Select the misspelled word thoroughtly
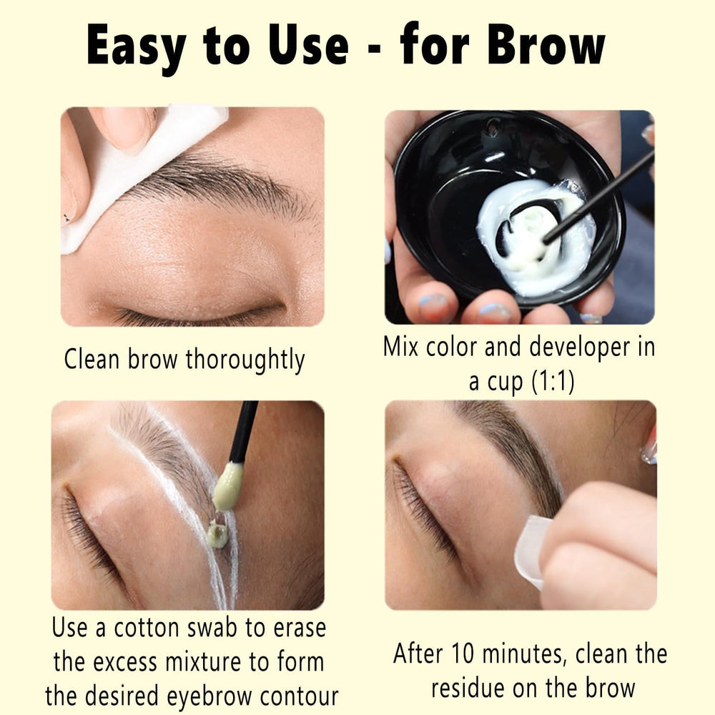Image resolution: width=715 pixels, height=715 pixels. pyautogui.click(x=245, y=360)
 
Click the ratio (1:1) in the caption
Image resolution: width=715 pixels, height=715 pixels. pyautogui.click(x=553, y=381)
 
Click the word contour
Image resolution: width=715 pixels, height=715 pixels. pyautogui.click(x=299, y=696)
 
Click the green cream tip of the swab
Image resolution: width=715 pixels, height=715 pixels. pyautogui.click(x=227, y=485)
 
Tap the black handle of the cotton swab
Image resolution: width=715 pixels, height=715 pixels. pyautogui.click(x=244, y=431)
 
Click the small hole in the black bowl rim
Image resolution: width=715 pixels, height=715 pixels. pyautogui.click(x=493, y=127)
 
